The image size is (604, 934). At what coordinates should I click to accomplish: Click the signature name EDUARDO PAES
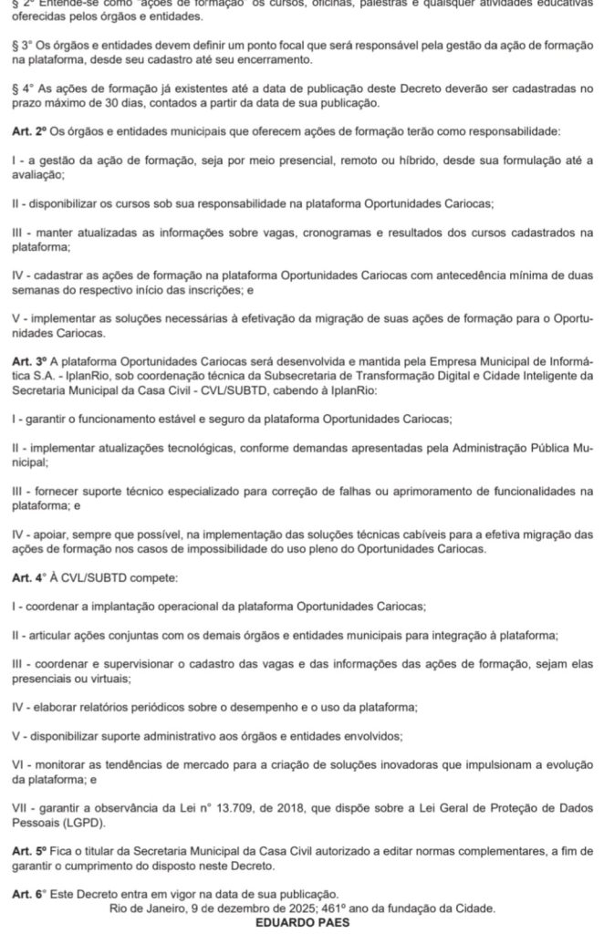coord(302,922)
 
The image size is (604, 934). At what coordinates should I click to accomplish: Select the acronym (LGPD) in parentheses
coord(77,823)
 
